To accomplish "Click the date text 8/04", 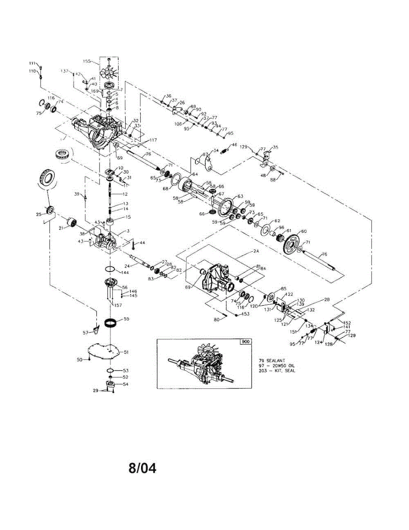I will click(142, 468).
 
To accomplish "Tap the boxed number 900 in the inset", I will click(245, 342).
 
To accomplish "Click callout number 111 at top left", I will click(32, 63).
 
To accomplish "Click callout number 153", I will click(246, 314).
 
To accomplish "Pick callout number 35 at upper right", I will click(275, 147).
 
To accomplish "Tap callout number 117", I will click(153, 140).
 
